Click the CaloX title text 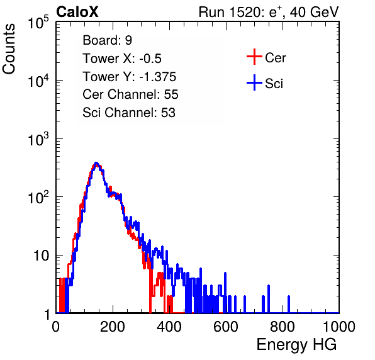click(77, 12)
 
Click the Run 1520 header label click(269, 12)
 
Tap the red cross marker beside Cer click(254, 57)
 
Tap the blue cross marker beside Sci click(254, 82)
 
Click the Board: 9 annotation click(107, 40)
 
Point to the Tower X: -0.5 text click(122, 59)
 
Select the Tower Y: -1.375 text click(130, 77)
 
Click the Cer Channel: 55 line click(130, 94)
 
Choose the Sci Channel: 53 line click(129, 113)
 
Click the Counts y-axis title click(9, 49)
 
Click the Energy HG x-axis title click(296, 344)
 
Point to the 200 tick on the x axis click(113, 327)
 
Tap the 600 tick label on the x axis click(226, 327)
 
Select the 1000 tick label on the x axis click(339, 327)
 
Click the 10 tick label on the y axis click(42, 256)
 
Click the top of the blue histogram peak click(96, 163)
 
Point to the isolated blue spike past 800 click(289, 304)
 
